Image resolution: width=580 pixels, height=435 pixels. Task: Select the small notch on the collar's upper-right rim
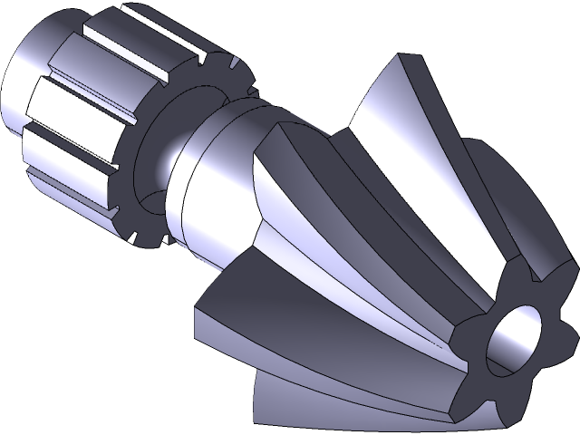(x=234, y=64)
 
